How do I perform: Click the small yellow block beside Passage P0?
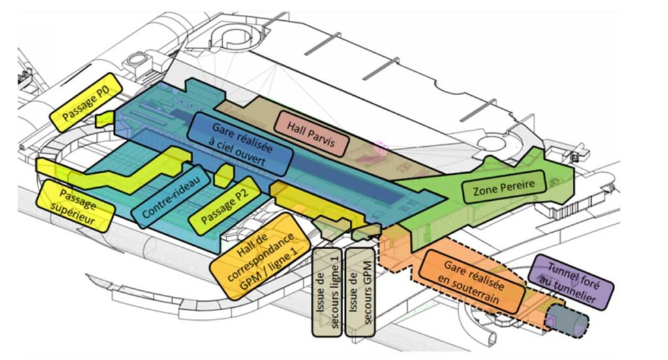[x=103, y=119]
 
